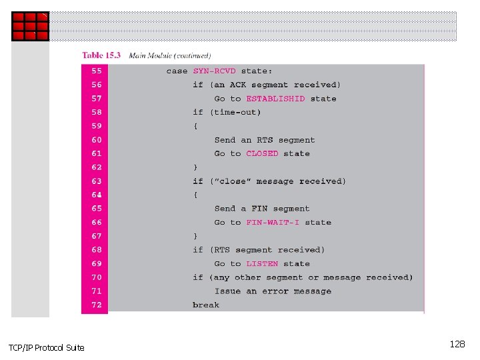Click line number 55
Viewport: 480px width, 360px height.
click(x=97, y=71)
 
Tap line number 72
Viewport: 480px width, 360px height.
click(x=97, y=305)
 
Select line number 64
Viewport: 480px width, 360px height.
click(x=97, y=195)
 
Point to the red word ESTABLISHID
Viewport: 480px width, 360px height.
click(x=275, y=99)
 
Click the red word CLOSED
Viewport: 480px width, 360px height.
click(x=262, y=153)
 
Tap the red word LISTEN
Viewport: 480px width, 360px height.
click(x=262, y=263)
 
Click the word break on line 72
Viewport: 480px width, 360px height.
click(x=205, y=305)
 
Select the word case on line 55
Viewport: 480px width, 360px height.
click(x=177, y=71)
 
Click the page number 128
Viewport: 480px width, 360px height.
click(x=457, y=344)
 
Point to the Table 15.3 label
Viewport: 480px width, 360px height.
click(x=101, y=55)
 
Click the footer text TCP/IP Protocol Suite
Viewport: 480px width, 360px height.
click(x=46, y=347)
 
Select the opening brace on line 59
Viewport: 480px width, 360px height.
click(x=195, y=126)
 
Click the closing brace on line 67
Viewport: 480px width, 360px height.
click(x=195, y=236)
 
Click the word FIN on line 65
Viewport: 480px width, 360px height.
click(x=259, y=209)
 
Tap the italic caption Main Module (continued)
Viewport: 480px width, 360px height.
click(x=169, y=55)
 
